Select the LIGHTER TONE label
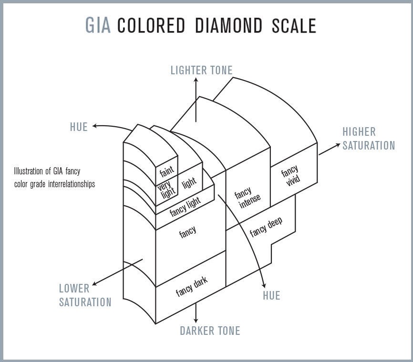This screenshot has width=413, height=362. [201, 70]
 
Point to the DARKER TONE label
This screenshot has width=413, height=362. [210, 331]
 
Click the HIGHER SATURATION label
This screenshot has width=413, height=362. [369, 139]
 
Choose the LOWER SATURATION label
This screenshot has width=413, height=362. [85, 295]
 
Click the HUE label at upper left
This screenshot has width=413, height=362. [79, 127]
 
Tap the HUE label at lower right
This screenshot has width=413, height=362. [271, 296]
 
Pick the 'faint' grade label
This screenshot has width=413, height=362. [166, 171]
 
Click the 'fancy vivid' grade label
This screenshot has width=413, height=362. [291, 176]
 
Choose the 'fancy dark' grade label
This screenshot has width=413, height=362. [192, 285]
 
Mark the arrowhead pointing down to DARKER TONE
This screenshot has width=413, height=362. [196, 321]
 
